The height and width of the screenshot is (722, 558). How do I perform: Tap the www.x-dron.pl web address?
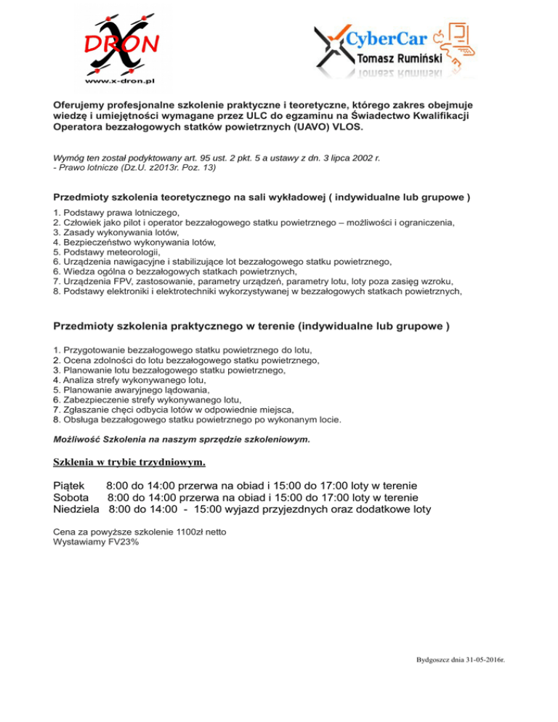[x=121, y=81]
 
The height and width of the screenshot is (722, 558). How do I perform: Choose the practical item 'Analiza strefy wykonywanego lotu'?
[x=129, y=379]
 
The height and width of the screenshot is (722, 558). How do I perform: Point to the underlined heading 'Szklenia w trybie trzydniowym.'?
[x=129, y=461]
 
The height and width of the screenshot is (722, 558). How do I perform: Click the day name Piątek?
[x=70, y=484]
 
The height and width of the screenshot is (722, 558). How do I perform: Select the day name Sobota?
[x=71, y=498]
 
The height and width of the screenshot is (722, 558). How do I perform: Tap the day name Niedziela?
[x=76, y=510]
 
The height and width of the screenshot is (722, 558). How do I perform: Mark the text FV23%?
[x=121, y=542]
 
